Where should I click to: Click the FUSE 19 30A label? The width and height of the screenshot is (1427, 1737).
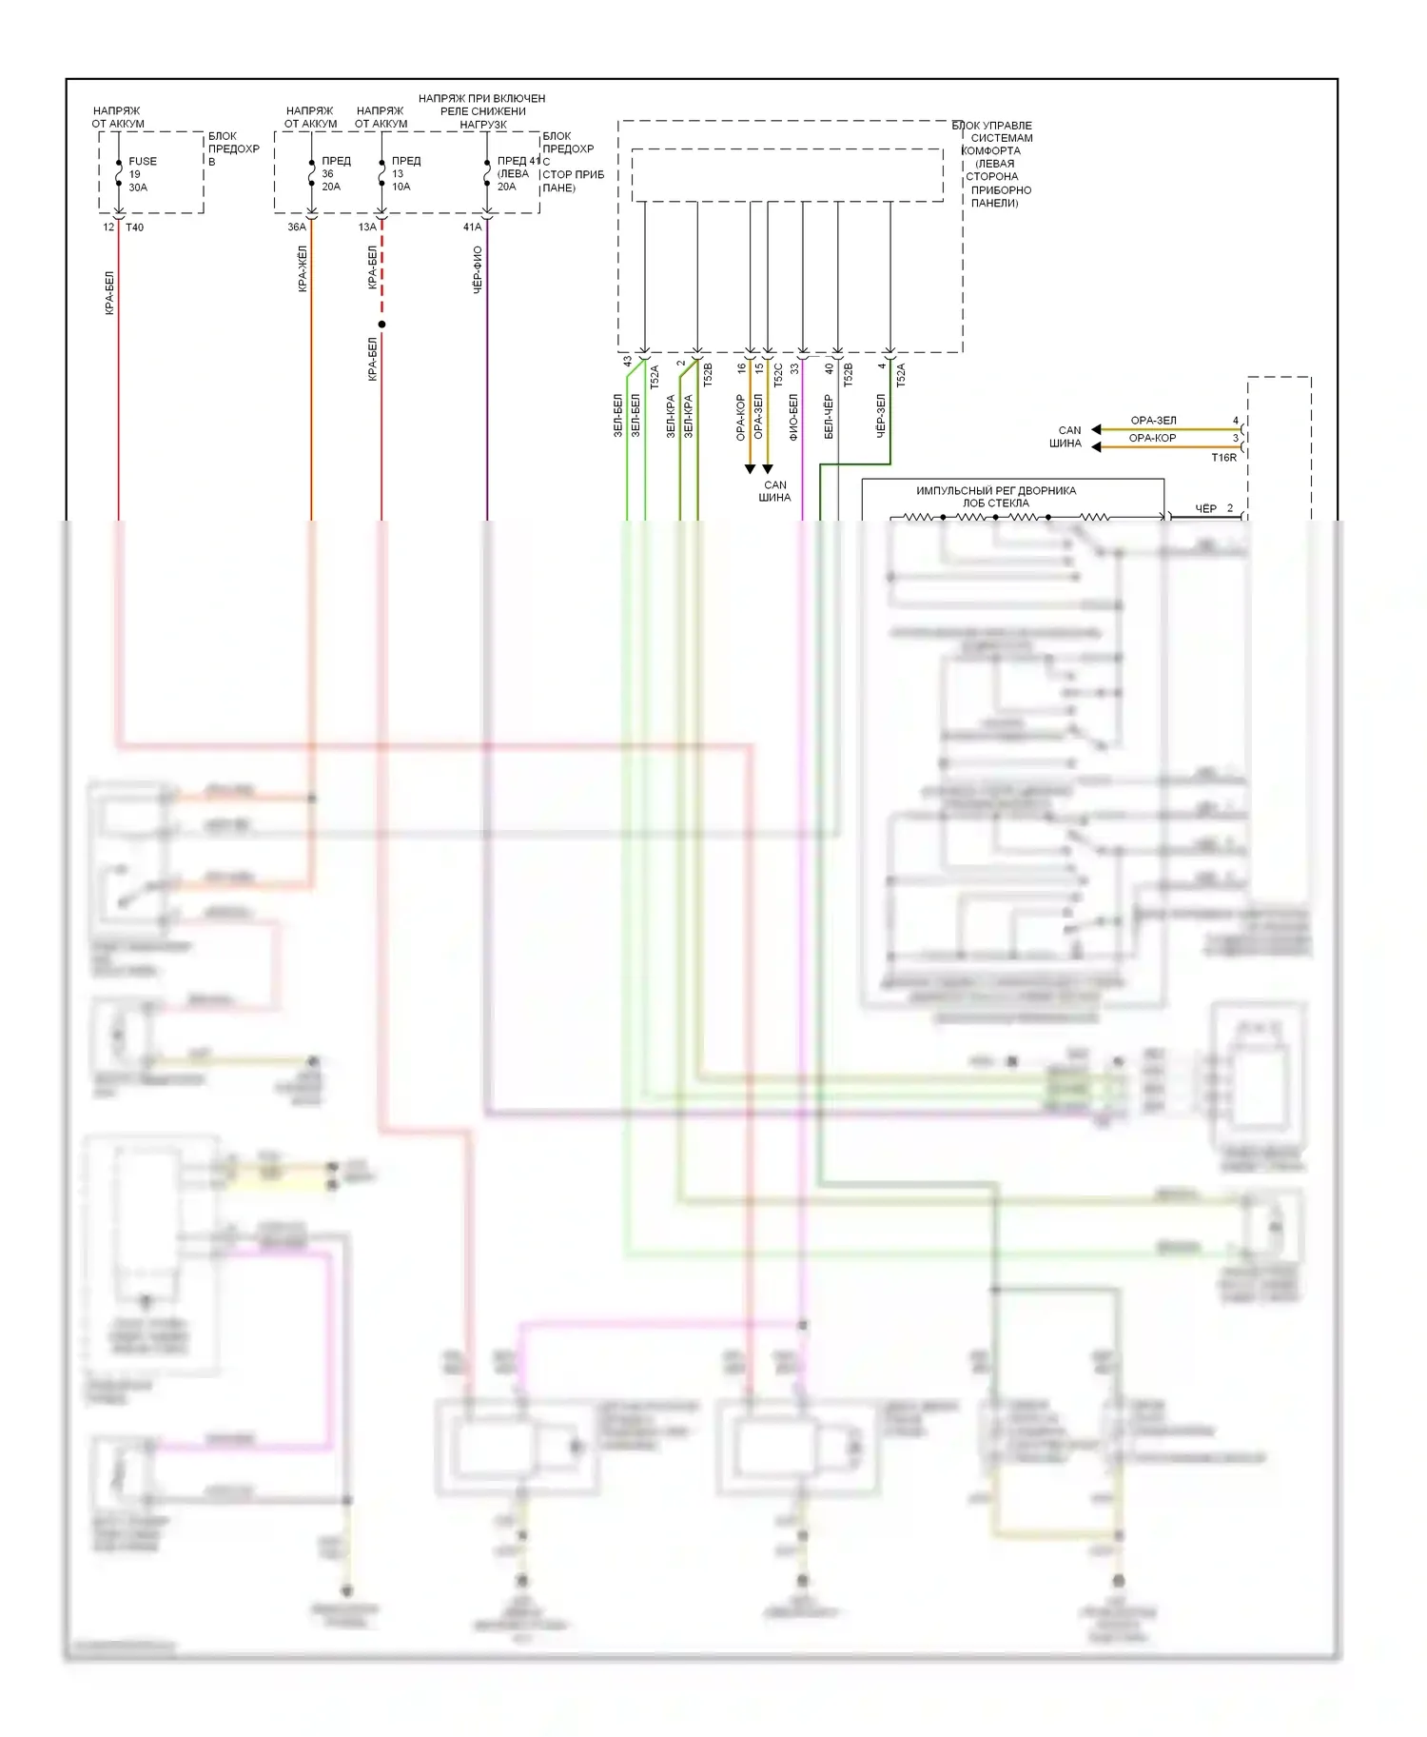pyautogui.click(x=142, y=174)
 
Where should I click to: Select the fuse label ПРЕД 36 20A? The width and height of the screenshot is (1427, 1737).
pyautogui.click(x=334, y=173)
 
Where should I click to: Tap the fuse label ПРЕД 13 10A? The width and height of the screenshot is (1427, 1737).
pyautogui.click(x=404, y=173)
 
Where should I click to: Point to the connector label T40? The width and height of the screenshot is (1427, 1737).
pyautogui.click(x=135, y=227)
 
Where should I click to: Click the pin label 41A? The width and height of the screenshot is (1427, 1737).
pyautogui.click(x=472, y=227)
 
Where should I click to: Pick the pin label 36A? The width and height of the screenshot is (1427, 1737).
pyautogui.click(x=297, y=227)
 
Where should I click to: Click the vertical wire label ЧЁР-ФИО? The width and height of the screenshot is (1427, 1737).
pyautogui.click(x=478, y=269)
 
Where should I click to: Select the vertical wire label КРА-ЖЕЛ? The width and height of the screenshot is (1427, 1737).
pyautogui.click(x=303, y=268)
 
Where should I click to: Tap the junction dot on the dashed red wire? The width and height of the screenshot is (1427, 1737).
pyautogui.click(x=381, y=325)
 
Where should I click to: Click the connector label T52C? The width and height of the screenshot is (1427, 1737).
pyautogui.click(x=778, y=374)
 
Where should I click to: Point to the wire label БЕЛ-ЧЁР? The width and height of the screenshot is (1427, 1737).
pyautogui.click(x=829, y=416)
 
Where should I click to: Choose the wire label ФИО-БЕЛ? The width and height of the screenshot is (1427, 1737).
pyautogui.click(x=793, y=416)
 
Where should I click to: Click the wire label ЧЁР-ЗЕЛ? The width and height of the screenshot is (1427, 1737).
pyautogui.click(x=881, y=416)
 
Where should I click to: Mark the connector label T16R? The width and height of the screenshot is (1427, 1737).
pyautogui.click(x=1223, y=458)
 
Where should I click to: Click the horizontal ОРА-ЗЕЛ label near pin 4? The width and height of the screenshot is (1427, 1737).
pyautogui.click(x=1153, y=421)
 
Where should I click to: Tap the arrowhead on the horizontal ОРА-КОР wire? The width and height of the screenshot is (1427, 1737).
pyautogui.click(x=1096, y=446)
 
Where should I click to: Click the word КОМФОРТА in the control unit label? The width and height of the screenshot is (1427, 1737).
pyautogui.click(x=991, y=150)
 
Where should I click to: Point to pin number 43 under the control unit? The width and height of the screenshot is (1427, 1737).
pyautogui.click(x=627, y=362)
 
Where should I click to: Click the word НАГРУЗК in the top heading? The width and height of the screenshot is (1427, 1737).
pyautogui.click(x=483, y=125)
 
